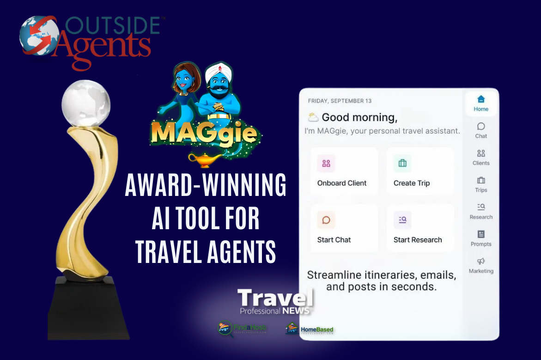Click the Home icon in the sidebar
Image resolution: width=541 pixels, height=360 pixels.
481,99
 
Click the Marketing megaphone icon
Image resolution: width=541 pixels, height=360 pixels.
481,262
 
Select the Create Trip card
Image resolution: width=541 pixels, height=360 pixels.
420,171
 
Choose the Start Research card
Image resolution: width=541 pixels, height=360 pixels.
420,228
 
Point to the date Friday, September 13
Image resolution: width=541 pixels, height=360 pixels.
340,101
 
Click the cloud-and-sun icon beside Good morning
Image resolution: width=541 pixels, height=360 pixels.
313,117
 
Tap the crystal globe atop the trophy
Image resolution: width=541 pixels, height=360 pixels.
86,102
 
